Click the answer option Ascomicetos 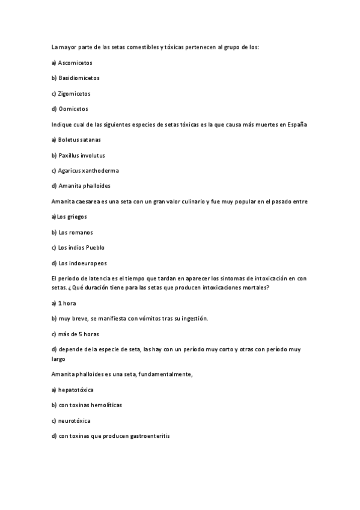tap(75, 62)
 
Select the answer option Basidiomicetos tap(79, 78)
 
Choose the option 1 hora tap(67, 303)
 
